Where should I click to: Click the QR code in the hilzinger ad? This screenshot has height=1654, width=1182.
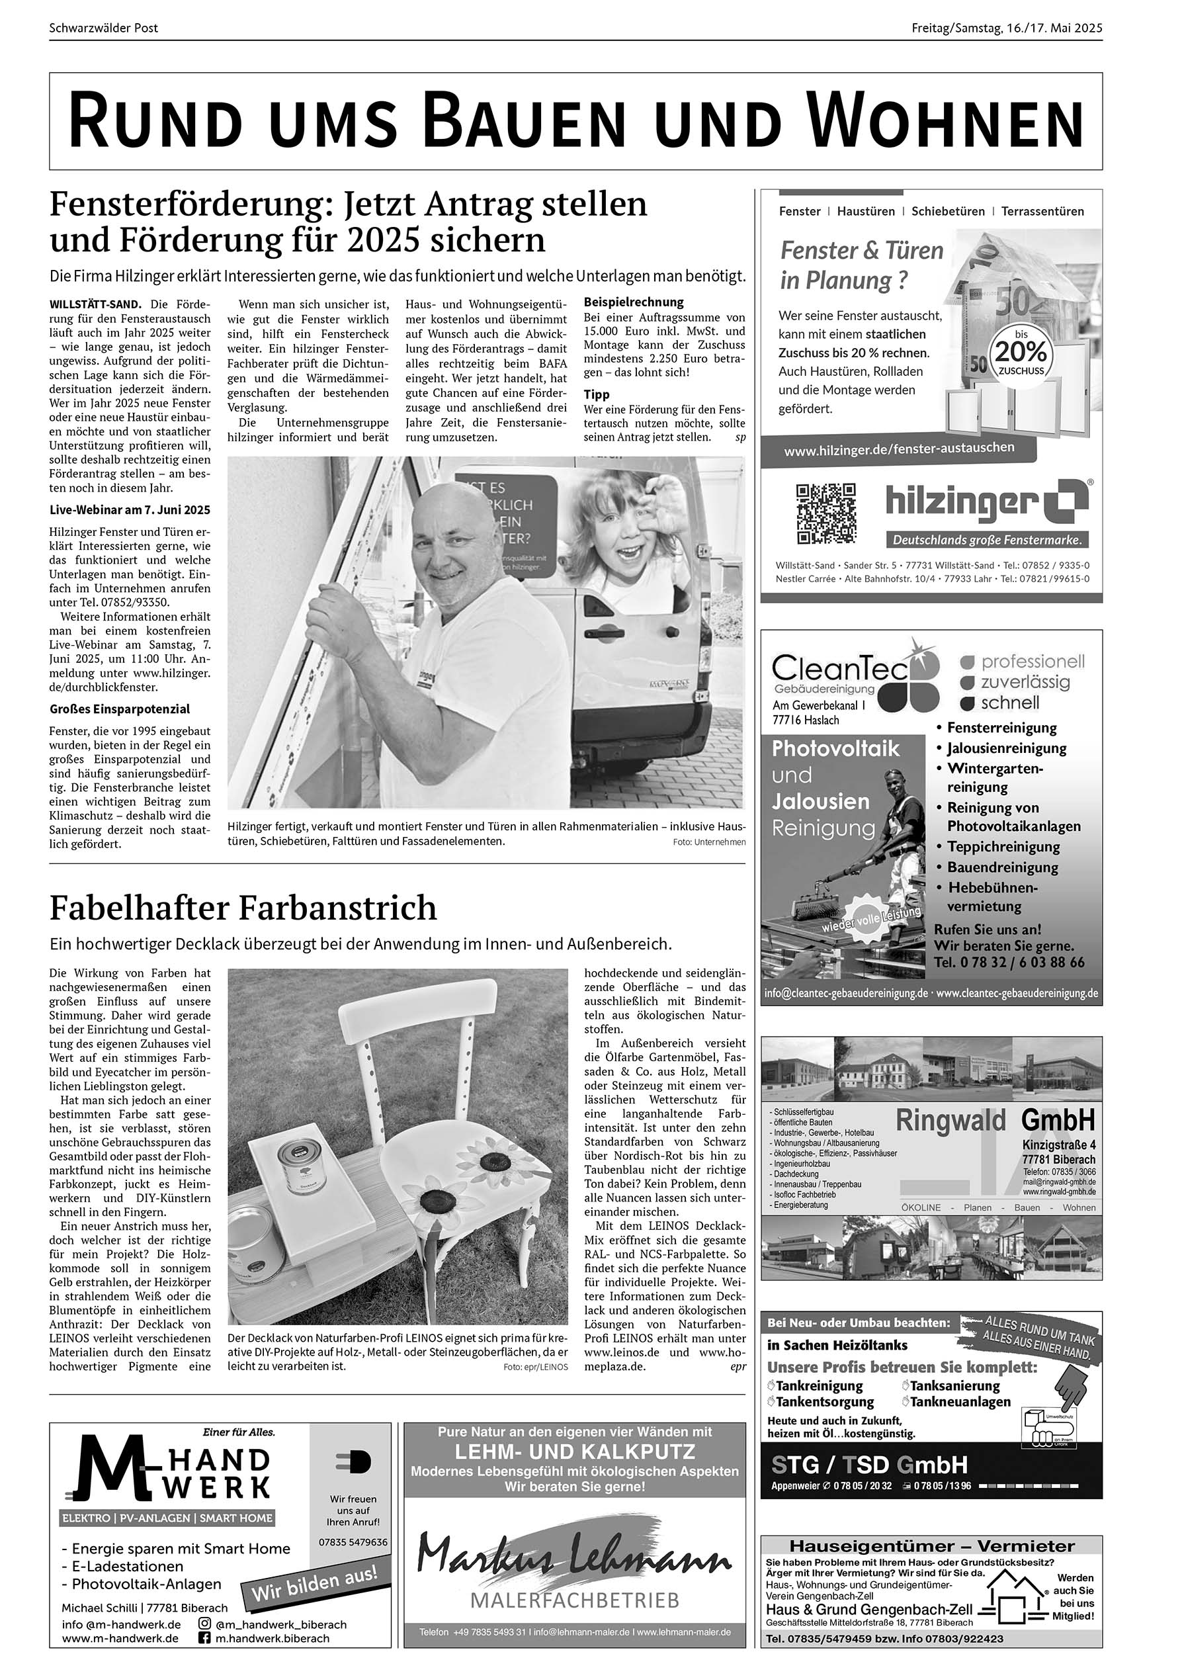[x=826, y=513]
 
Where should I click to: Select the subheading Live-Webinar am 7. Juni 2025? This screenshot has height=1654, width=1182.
[x=130, y=509]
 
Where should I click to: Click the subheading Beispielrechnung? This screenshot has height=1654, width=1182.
[x=633, y=302]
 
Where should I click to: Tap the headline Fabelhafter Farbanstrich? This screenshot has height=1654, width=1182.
[x=243, y=908]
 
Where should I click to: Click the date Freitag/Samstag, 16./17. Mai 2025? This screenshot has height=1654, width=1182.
[x=1007, y=28]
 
